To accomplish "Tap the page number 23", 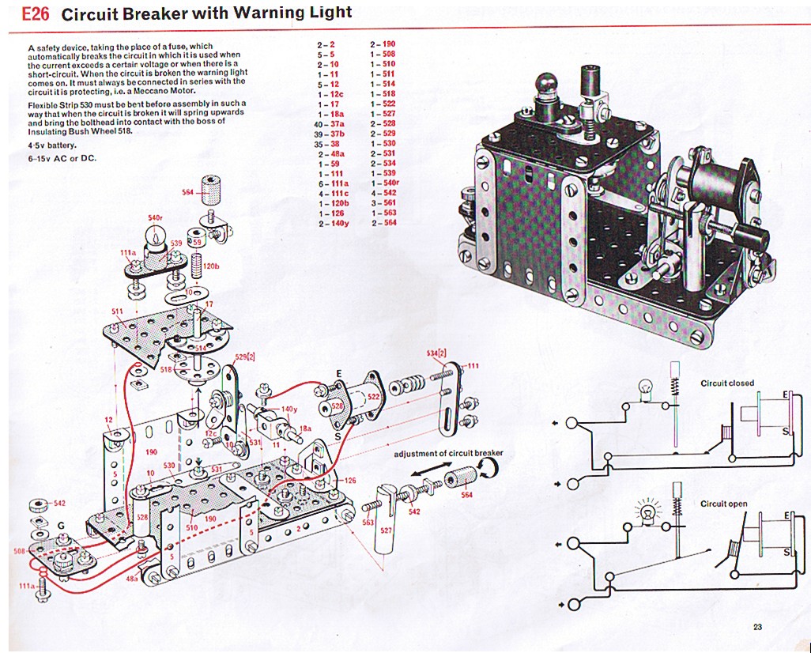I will pos(757,628).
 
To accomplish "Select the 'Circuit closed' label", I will pos(727,383).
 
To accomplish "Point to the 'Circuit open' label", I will pos(724,504).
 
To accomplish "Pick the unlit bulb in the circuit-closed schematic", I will pos(646,390).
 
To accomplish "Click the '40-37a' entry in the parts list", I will pos(329,123).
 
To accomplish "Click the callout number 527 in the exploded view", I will pos(385,530).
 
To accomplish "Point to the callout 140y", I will pos(289,409).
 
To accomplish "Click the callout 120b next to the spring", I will pos(210,266).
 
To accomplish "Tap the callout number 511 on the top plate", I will pos(117,311).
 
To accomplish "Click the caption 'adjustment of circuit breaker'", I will pos(448,453).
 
